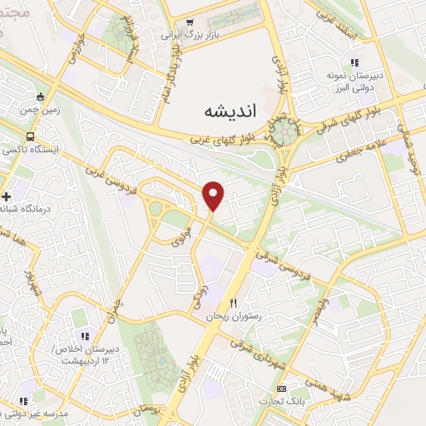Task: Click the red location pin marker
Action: (214, 195)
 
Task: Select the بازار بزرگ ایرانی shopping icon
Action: (191, 22)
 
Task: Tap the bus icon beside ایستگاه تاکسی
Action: (31, 136)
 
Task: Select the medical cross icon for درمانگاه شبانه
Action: (7, 196)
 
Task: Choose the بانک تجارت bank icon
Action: (281, 389)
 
